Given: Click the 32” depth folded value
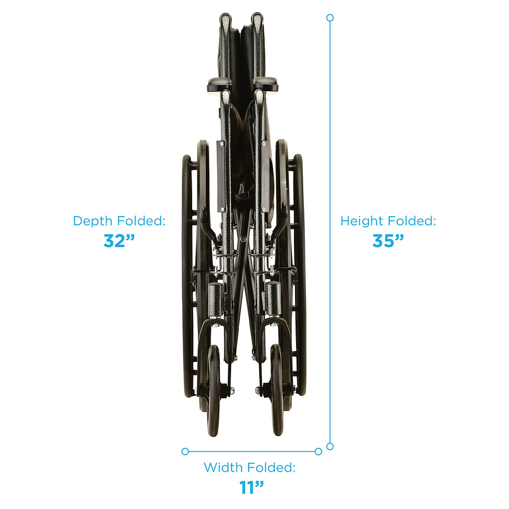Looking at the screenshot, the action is (119, 240).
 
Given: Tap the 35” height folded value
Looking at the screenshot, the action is (388, 240).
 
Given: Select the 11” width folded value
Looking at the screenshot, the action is (251, 487).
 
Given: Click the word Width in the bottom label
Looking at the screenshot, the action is (222, 467).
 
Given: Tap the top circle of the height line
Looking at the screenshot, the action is (330, 18).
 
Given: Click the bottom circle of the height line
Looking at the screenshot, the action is (330, 446).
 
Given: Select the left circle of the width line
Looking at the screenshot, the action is (185, 451).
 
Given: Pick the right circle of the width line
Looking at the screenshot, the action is (318, 451).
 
